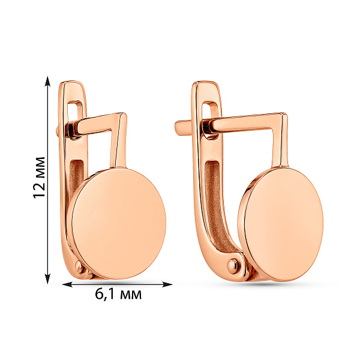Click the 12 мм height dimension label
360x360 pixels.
pyautogui.click(x=39, y=178)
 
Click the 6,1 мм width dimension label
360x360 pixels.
pyautogui.click(x=118, y=294)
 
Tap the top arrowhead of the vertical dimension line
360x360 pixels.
pyautogui.click(x=47, y=81)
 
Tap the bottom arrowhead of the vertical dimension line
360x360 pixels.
pyautogui.click(x=47, y=278)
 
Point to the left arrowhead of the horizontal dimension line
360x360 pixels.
pyautogui.click(x=67, y=284)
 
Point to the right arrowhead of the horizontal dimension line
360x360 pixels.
pyautogui.click(x=167, y=284)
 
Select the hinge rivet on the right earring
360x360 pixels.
pyautogui.click(x=233, y=266)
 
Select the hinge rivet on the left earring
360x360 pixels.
pyautogui.click(x=80, y=268)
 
